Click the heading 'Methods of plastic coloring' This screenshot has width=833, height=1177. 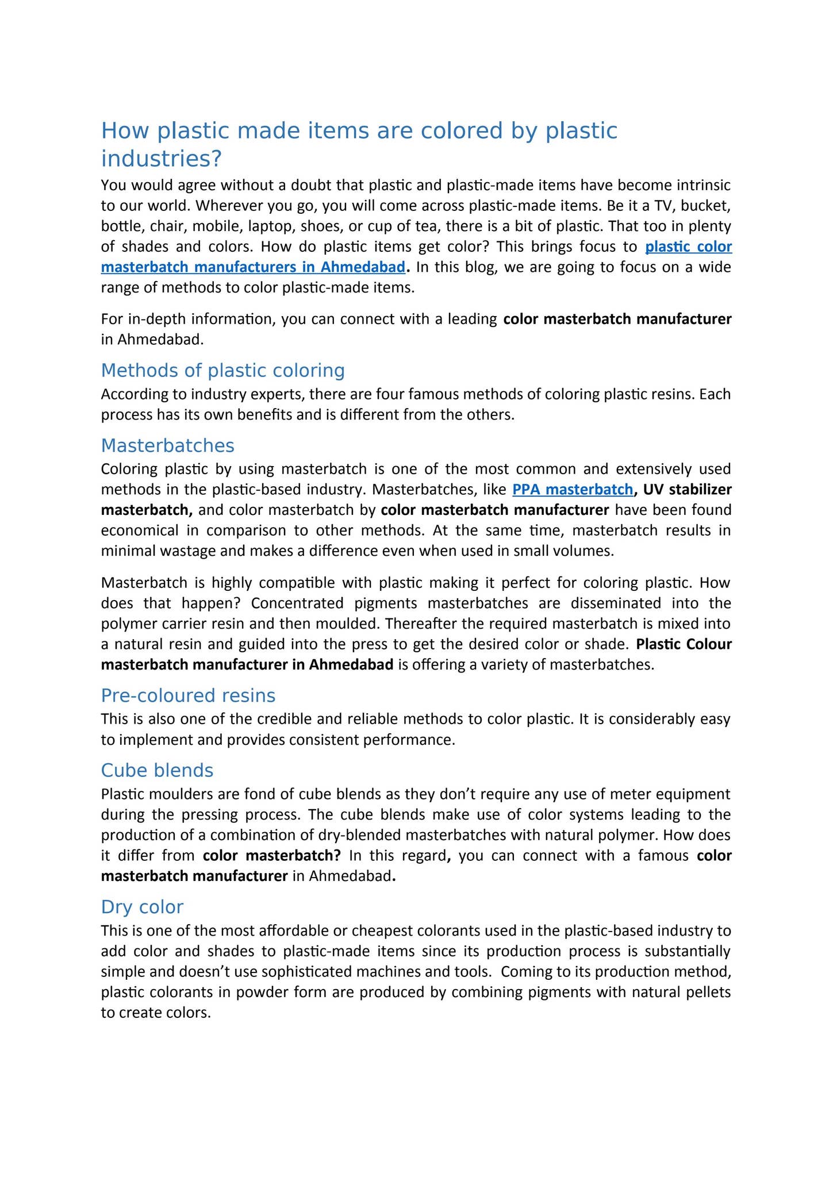point(222,371)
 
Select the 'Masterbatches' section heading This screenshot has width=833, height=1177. point(167,445)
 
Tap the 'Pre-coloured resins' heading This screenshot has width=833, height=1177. point(188,695)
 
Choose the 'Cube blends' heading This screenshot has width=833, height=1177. point(157,770)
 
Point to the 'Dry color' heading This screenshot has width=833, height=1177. point(142,907)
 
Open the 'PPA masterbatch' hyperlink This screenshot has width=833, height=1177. point(572,490)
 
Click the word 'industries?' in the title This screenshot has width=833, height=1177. point(161,159)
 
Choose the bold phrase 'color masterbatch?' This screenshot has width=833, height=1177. point(272,856)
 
